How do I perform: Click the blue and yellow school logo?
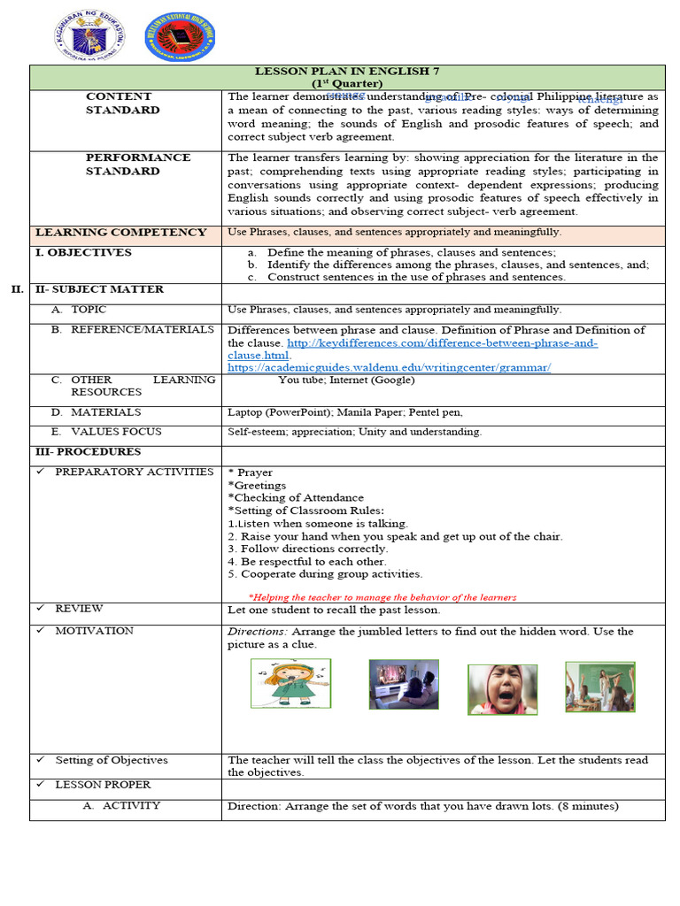180,37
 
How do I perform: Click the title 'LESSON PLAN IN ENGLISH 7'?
347,71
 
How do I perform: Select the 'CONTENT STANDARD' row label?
122,103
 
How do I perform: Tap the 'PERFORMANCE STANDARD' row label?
137,164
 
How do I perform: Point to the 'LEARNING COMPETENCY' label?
121,233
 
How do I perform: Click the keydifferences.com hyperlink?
413,342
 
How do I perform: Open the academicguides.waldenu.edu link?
389,366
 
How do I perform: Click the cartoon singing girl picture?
290,684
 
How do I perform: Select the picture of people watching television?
404,684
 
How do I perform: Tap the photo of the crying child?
502,689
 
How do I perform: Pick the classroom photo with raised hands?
599,687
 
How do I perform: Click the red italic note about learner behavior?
382,597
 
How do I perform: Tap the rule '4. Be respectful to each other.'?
306,561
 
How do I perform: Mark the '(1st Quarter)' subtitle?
347,83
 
